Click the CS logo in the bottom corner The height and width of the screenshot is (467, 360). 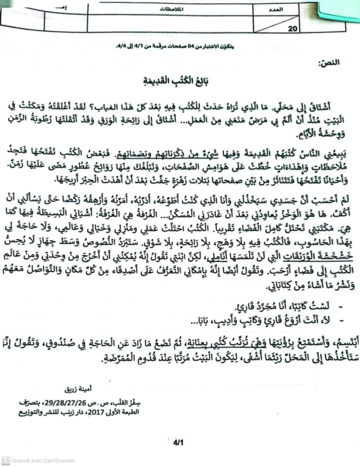5,461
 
